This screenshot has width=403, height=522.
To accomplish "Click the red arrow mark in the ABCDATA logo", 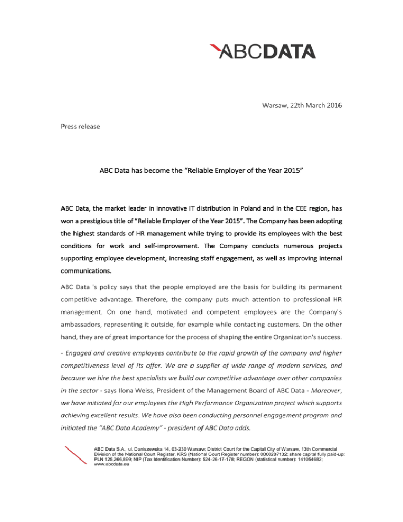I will (214, 51).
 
